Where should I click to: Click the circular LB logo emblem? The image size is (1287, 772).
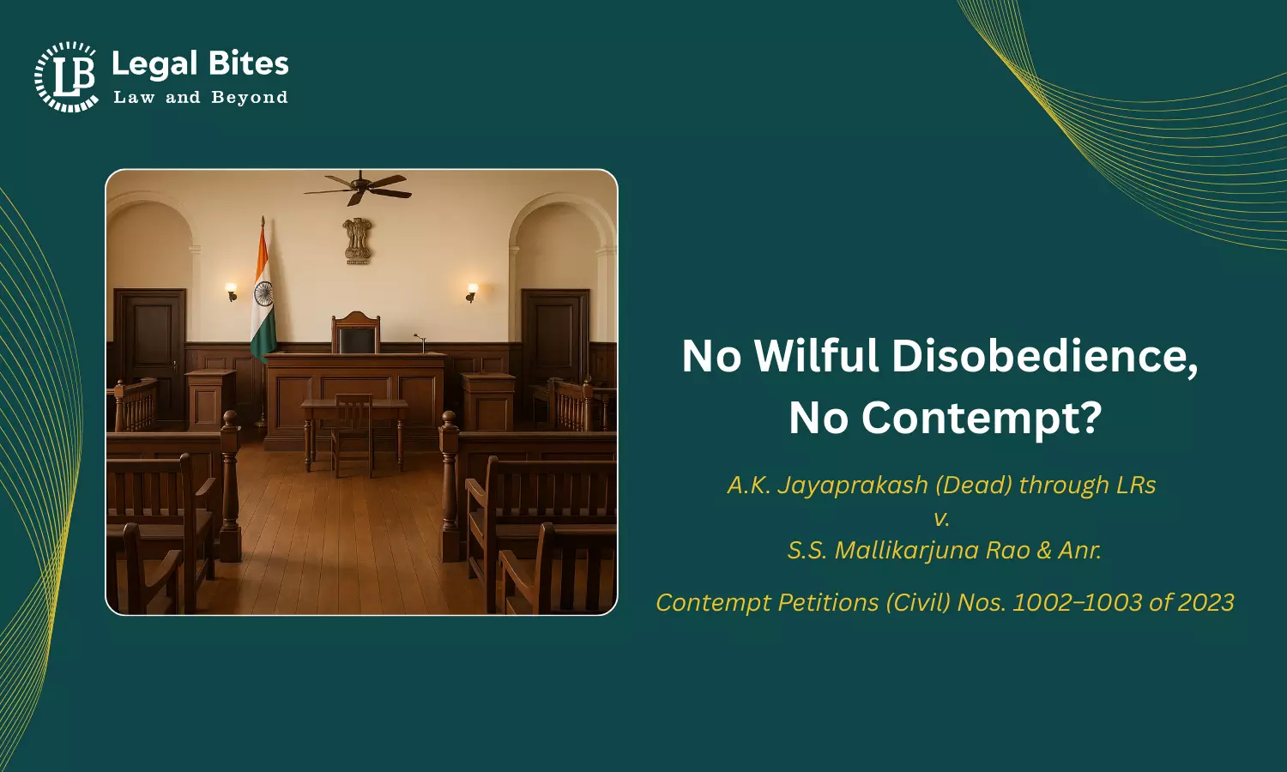[x=66, y=76]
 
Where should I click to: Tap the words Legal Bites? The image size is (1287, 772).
[x=200, y=63]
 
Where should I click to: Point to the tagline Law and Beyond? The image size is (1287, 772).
[x=200, y=98]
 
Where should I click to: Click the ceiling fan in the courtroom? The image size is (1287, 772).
[x=358, y=185]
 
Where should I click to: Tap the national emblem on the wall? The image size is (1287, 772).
[x=357, y=240]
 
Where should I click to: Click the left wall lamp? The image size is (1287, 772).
[x=230, y=292]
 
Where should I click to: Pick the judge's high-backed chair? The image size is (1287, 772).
[x=355, y=333]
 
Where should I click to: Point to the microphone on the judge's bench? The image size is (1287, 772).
[x=420, y=342]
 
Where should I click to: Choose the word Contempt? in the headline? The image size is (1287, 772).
[x=981, y=418]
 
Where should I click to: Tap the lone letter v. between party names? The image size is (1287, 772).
[x=942, y=517]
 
